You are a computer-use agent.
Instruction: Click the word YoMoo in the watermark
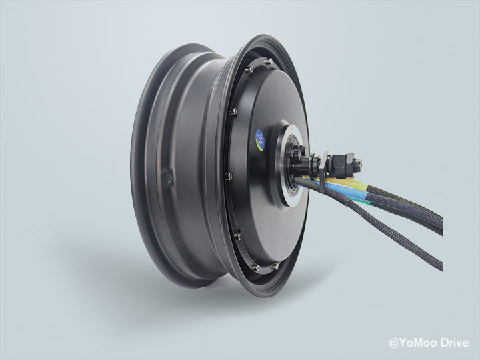coord(418,343)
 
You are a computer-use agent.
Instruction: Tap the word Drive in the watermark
coord(455,343)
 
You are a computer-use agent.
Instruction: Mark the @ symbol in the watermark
coord(393,343)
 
